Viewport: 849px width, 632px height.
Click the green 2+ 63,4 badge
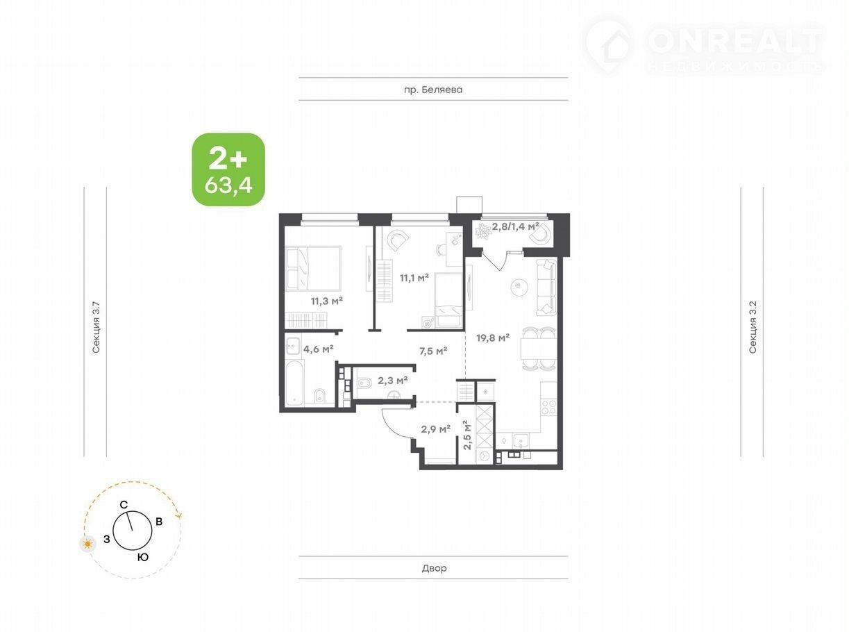[228, 169]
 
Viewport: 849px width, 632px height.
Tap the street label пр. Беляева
[433, 90]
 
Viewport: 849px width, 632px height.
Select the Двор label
[434, 568]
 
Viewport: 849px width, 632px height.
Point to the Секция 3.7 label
[96, 328]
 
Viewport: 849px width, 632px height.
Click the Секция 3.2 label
[753, 328]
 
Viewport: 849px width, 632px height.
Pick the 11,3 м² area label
[326, 301]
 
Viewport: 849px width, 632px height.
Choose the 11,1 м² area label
[414, 278]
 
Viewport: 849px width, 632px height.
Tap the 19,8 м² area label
[493, 338]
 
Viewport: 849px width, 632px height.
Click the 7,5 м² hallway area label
[433, 351]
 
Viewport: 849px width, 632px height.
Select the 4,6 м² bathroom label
[318, 349]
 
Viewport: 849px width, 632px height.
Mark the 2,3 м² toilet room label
[392, 381]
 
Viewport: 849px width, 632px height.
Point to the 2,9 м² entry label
[435, 429]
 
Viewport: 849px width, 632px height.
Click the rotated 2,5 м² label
[467, 435]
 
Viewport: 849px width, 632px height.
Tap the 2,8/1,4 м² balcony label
[516, 226]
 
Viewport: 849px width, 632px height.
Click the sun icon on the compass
[88, 544]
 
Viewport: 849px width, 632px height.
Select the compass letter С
[124, 505]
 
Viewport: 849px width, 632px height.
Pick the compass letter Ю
[143, 557]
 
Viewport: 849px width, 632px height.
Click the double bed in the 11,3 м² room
[313, 269]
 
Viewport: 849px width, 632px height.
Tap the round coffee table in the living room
[519, 286]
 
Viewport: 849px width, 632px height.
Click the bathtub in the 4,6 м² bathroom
[294, 383]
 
